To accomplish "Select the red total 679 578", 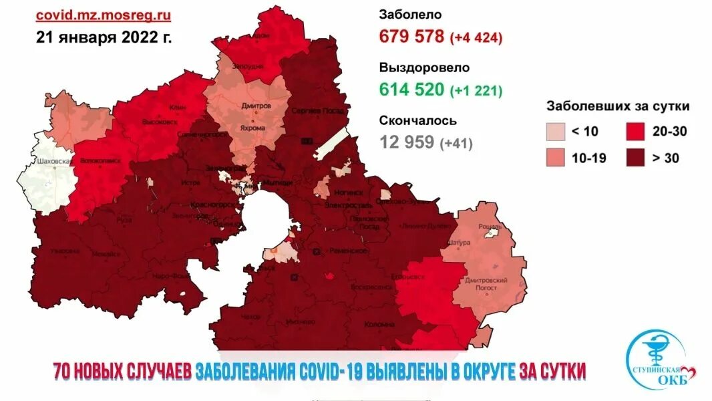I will pos(411,36).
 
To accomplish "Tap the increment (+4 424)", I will pos(476,37).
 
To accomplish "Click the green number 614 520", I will pos(411,89).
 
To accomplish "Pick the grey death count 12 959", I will pos(407,142).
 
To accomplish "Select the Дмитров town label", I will pos(257,106).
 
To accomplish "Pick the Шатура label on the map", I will pos(460,242).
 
